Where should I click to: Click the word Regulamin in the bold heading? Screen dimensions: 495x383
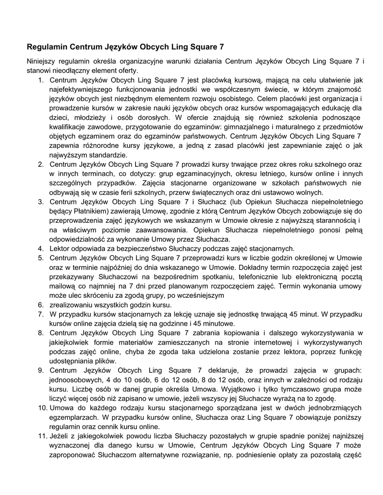click(47, 47)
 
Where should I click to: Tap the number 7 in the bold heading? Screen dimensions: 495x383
click(222, 47)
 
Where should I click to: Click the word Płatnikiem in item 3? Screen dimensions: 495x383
click(86, 211)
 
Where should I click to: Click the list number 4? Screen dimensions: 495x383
click(41, 248)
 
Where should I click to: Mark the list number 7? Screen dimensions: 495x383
click(41, 314)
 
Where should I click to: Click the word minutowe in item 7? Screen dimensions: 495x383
click(219, 323)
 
